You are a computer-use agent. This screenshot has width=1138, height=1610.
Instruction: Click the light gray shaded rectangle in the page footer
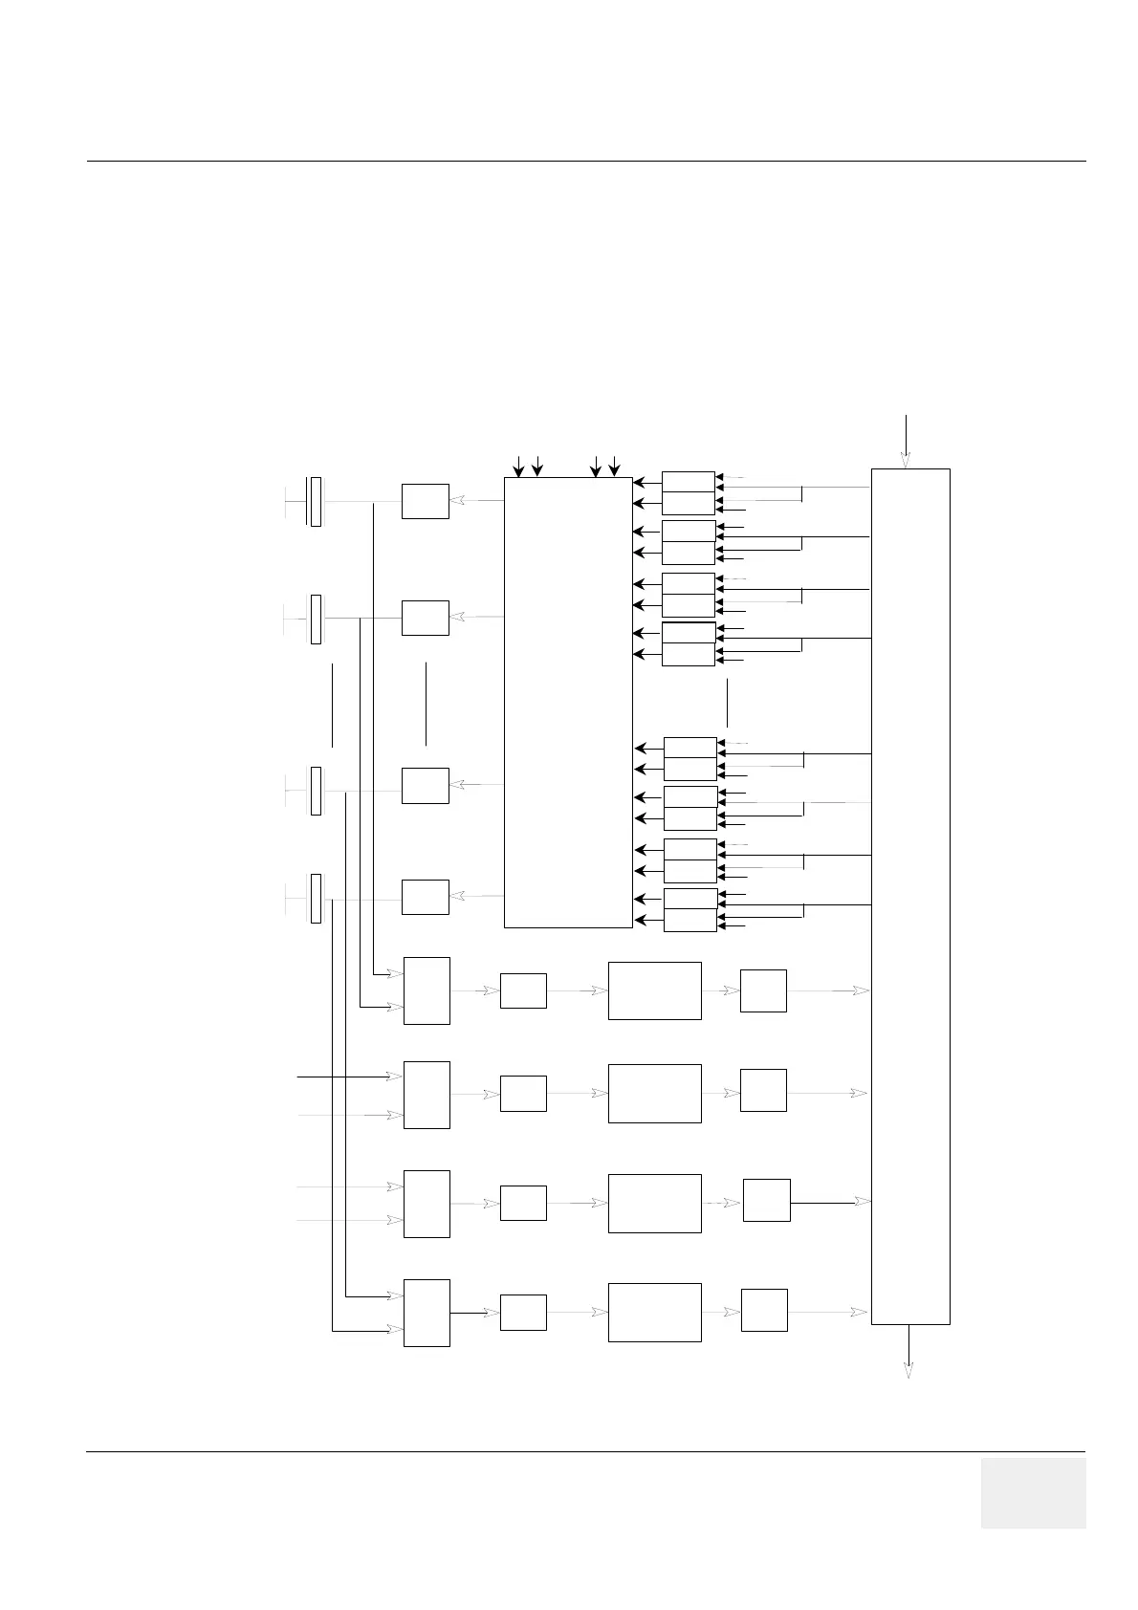tap(1033, 1492)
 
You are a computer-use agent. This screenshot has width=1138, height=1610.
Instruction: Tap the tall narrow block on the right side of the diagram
tap(910, 896)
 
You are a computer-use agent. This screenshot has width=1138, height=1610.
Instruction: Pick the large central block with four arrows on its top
tap(568, 702)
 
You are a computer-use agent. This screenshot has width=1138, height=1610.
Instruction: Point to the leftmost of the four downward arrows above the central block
tap(518, 467)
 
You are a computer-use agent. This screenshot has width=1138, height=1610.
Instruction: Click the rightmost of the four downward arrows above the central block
tap(614, 467)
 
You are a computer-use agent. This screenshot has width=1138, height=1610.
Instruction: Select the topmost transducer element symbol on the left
tap(315, 501)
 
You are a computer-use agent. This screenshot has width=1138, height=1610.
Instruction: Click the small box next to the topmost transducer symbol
tap(425, 501)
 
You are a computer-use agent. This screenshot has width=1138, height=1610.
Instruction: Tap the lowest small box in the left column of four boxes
tap(425, 897)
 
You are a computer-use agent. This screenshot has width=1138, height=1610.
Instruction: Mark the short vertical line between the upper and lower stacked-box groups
tap(728, 703)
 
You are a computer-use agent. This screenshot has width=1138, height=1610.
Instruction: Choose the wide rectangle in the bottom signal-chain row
tap(654, 1312)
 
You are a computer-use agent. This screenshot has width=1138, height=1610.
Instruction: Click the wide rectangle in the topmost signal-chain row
tap(654, 990)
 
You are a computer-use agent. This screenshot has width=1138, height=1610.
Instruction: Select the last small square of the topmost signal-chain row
tap(763, 990)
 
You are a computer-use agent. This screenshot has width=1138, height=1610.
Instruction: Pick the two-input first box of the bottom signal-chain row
tap(427, 1313)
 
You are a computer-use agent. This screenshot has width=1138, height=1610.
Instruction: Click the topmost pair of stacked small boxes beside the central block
tap(688, 492)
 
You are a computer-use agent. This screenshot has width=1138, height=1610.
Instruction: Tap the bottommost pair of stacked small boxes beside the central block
tap(690, 909)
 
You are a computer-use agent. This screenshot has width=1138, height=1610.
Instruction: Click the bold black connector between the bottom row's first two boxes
tap(474, 1313)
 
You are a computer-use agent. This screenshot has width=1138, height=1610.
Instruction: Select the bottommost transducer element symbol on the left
tap(316, 898)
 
